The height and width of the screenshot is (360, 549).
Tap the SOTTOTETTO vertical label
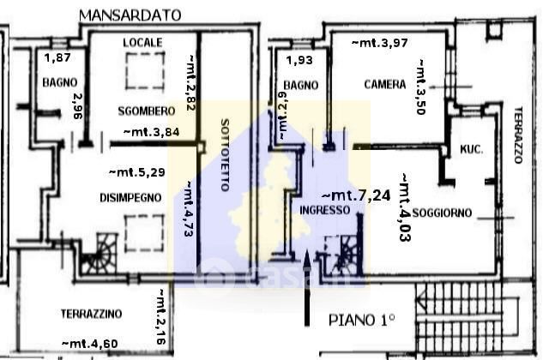[225, 154]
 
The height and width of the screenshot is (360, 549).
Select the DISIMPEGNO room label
[129, 197]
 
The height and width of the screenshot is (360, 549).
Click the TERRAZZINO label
[92, 313]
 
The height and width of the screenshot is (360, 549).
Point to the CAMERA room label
[384, 84]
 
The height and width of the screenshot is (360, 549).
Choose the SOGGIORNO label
[442, 213]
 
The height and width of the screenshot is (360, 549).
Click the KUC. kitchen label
[472, 148]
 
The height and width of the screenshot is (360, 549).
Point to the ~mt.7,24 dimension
[356, 195]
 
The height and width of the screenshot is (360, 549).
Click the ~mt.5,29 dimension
[136, 171]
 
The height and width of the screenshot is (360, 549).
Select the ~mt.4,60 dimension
[90, 344]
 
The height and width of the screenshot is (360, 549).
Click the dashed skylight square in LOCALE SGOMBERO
[143, 71]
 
